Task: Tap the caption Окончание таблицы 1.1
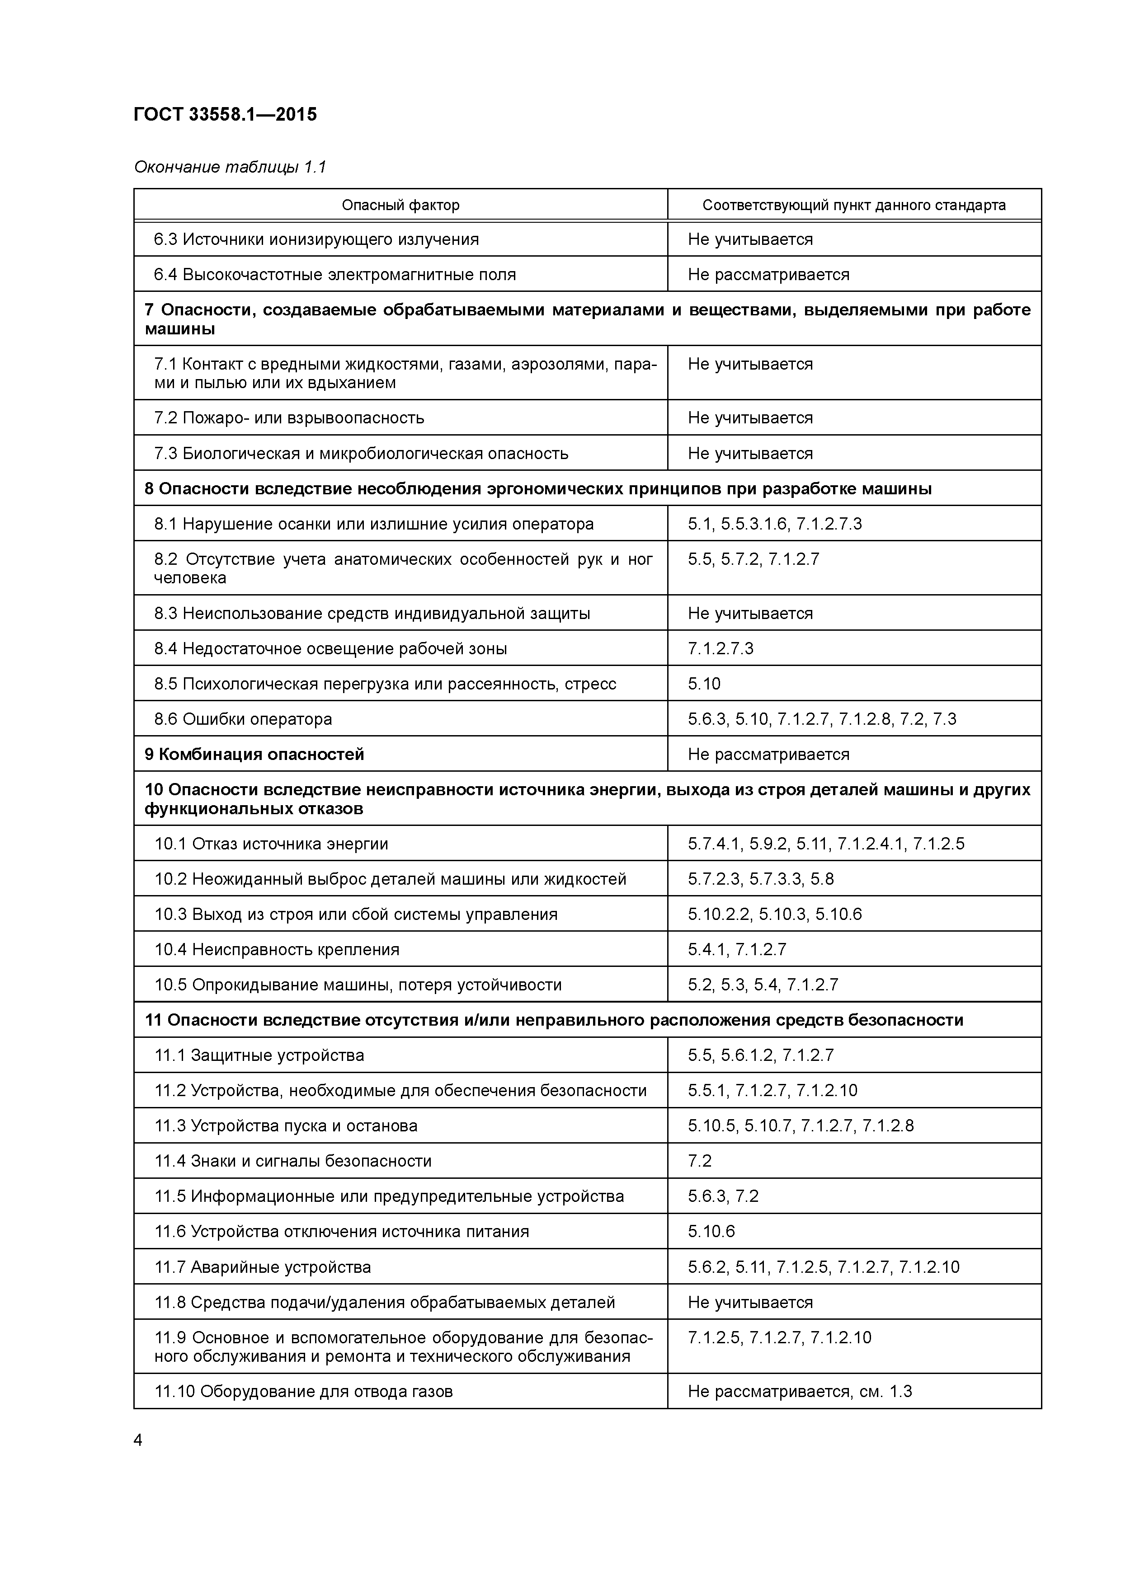coord(229,167)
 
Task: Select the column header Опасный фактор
coord(400,205)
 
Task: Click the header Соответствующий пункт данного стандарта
coord(854,205)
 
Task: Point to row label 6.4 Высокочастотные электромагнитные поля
coord(335,275)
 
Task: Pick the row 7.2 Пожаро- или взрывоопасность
coord(289,417)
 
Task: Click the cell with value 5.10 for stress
coord(704,684)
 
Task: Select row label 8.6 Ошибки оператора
coord(243,719)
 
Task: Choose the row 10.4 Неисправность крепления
coord(277,949)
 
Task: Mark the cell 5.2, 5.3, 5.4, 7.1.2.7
coord(763,985)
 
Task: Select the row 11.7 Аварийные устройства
coord(263,1267)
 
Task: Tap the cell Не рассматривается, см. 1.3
coord(800,1391)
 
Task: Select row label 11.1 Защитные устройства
coord(259,1055)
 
